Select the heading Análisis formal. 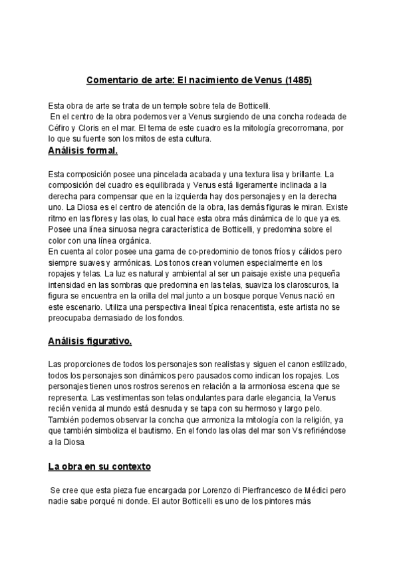click(83, 151)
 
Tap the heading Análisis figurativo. click(90, 342)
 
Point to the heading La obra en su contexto click(100, 466)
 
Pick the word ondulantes click(188, 398)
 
